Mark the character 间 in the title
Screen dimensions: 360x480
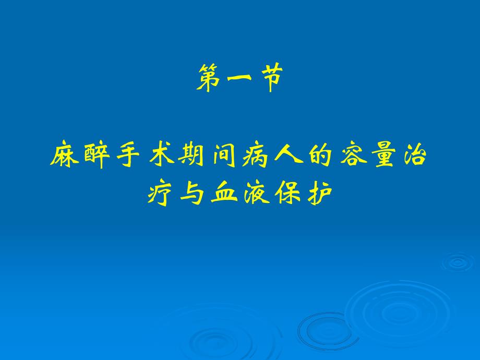click(x=224, y=157)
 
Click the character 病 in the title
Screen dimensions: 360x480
click(x=256, y=157)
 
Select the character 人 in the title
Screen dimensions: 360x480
click(x=287, y=157)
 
